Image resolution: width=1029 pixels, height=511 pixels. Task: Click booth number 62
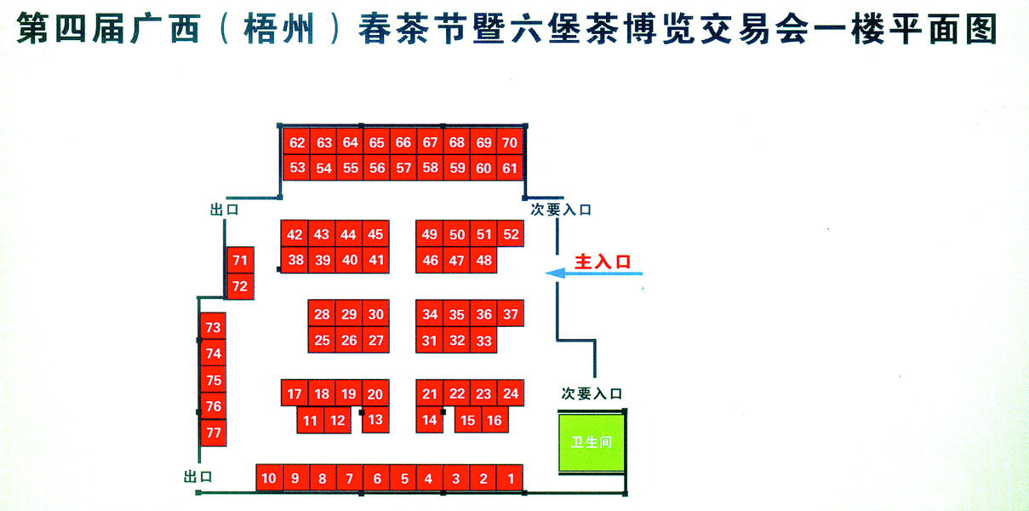point(297,143)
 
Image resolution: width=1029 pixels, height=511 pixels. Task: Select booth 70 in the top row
point(510,143)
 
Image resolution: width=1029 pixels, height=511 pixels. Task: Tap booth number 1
point(510,479)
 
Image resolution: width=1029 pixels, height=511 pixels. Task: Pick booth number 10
point(269,479)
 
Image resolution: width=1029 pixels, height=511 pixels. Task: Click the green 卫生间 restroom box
point(592,443)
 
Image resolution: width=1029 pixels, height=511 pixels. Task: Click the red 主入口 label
point(603,261)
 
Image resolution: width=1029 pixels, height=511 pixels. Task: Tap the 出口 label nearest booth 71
point(224,209)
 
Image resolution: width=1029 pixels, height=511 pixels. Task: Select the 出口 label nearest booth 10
point(197,476)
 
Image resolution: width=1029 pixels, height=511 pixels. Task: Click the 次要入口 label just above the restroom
point(592,393)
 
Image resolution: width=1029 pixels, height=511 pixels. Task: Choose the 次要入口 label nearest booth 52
point(561,210)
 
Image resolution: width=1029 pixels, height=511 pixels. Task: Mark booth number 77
point(214,433)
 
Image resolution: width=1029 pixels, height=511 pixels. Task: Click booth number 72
point(240,287)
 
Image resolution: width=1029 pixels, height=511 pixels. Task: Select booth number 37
point(511,314)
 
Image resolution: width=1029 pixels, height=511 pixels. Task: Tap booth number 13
point(375,419)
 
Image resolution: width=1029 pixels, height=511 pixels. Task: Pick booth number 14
point(430,419)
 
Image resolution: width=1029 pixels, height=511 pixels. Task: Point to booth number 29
point(349,314)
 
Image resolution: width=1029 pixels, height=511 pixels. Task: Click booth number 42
point(295,235)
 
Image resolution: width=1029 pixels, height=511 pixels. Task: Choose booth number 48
point(483,261)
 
